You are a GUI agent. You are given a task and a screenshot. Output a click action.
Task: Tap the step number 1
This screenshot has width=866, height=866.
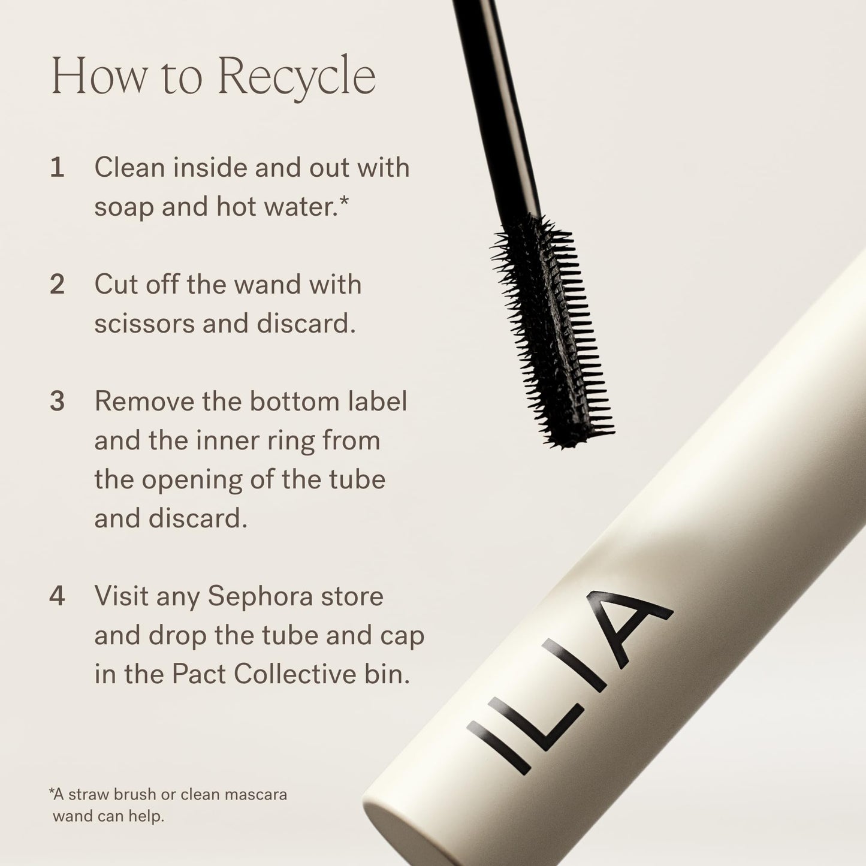57,168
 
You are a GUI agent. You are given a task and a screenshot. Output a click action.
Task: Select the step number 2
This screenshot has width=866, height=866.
57,285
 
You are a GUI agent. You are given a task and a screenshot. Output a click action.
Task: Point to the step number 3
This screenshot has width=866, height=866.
57,402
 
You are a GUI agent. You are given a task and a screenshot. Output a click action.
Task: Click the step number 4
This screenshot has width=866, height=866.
57,597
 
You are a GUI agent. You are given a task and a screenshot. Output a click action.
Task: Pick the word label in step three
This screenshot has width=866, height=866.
378,402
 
